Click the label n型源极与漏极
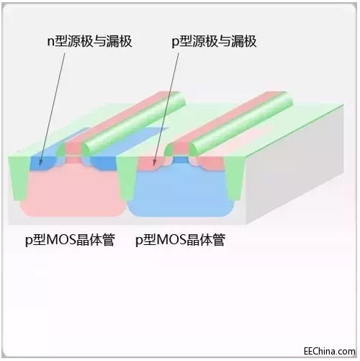click(89, 41)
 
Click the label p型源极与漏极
click(214, 41)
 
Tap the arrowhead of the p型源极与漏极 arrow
click(154, 163)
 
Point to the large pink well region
click(72, 192)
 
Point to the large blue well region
click(181, 192)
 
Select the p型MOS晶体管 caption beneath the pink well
click(70, 239)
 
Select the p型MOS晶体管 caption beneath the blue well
click(180, 239)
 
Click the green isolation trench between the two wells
click(125, 179)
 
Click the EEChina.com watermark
click(330, 351)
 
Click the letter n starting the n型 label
click(50, 42)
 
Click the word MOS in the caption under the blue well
click(171, 239)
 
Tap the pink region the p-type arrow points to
click(150, 164)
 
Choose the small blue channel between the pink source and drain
click(180, 160)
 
